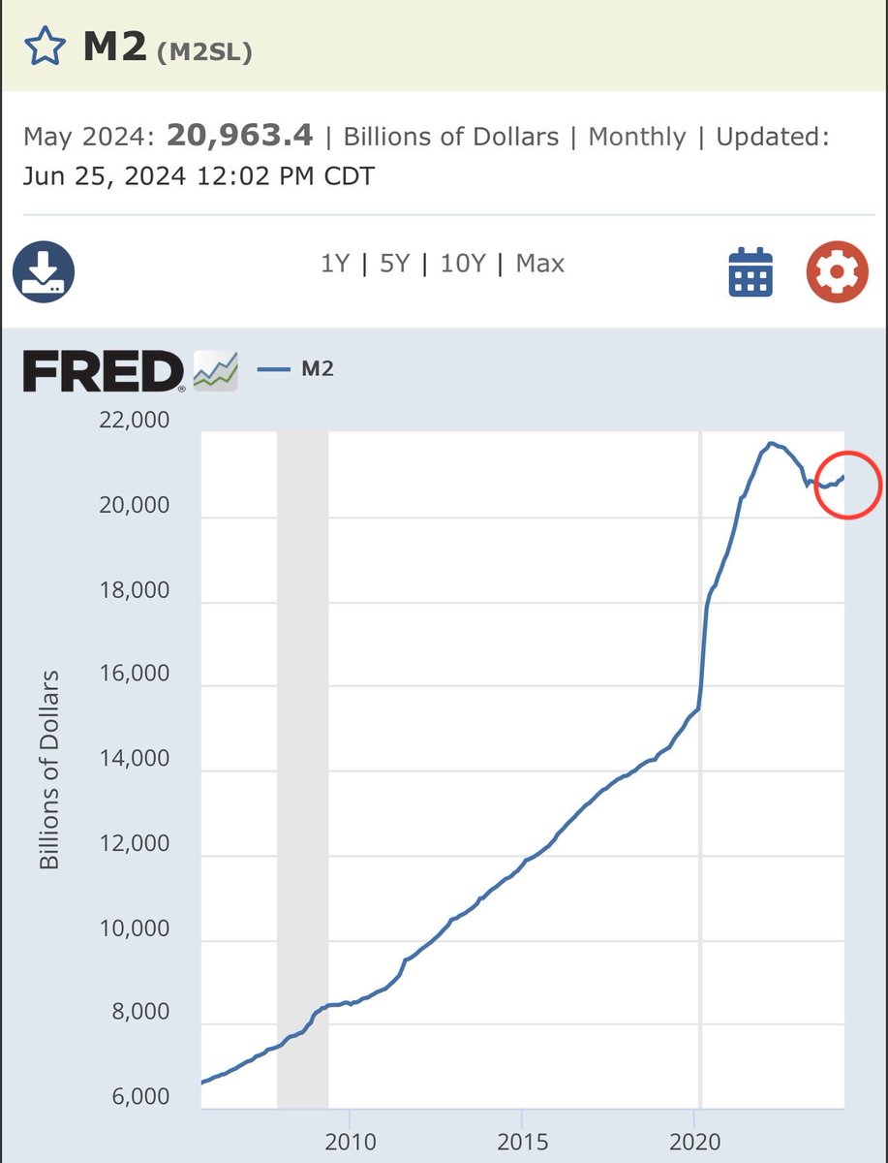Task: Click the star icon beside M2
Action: point(45,47)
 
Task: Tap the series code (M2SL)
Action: point(204,52)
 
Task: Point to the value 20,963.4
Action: point(239,136)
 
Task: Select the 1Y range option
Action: point(334,264)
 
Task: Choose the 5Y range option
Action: point(394,264)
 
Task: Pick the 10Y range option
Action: point(462,264)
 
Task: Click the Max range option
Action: point(540,264)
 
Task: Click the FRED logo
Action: point(104,372)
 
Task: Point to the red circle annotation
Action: point(847,485)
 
